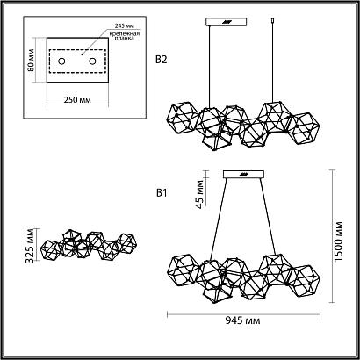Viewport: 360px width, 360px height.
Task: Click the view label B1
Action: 160,191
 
